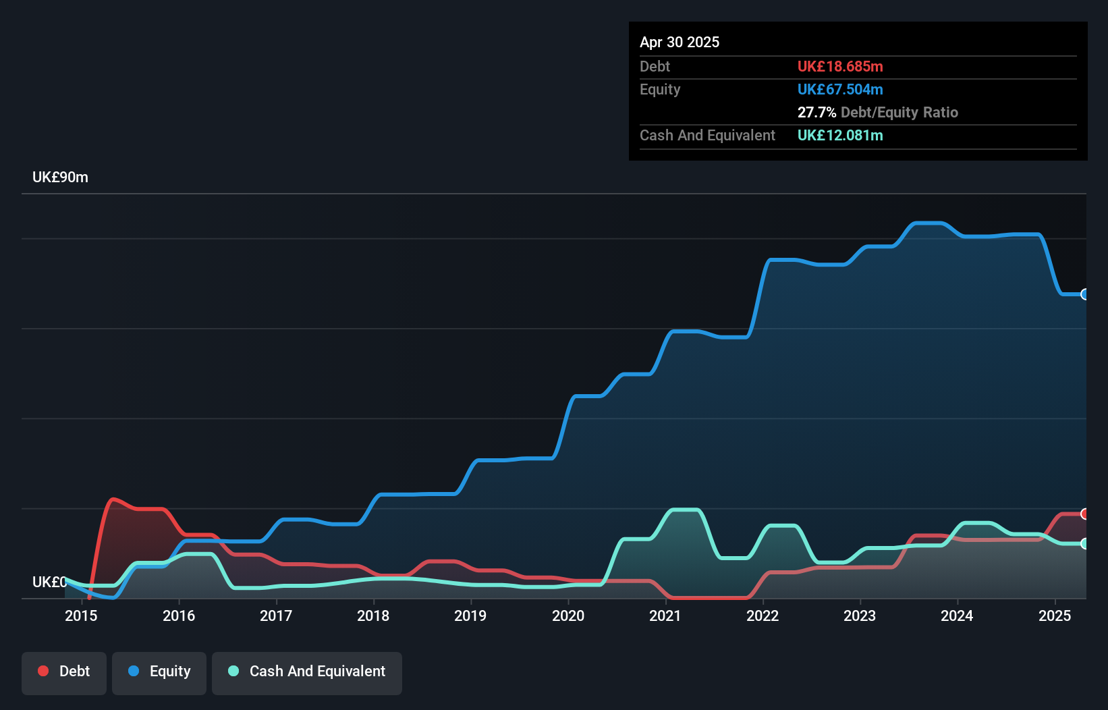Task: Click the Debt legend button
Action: [x=64, y=672]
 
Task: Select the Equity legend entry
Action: [x=159, y=672]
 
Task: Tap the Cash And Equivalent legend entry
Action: [x=307, y=672]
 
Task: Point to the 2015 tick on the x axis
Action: [x=81, y=616]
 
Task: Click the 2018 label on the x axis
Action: [x=373, y=616]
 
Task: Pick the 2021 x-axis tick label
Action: [x=665, y=616]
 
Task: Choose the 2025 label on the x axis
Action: [x=1055, y=616]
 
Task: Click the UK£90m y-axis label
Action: [x=60, y=177]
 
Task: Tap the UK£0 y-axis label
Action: [x=49, y=582]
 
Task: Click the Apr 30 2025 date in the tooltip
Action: [x=680, y=42]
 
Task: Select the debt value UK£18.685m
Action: [x=840, y=66]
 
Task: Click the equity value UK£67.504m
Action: [x=840, y=89]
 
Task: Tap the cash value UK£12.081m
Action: [x=840, y=135]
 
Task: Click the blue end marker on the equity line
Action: [x=1085, y=294]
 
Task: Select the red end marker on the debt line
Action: [x=1085, y=514]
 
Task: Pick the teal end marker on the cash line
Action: [x=1085, y=543]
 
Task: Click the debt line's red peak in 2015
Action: [x=113, y=499]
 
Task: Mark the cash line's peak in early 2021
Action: [x=683, y=510]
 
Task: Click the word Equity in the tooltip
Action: [x=660, y=89]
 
